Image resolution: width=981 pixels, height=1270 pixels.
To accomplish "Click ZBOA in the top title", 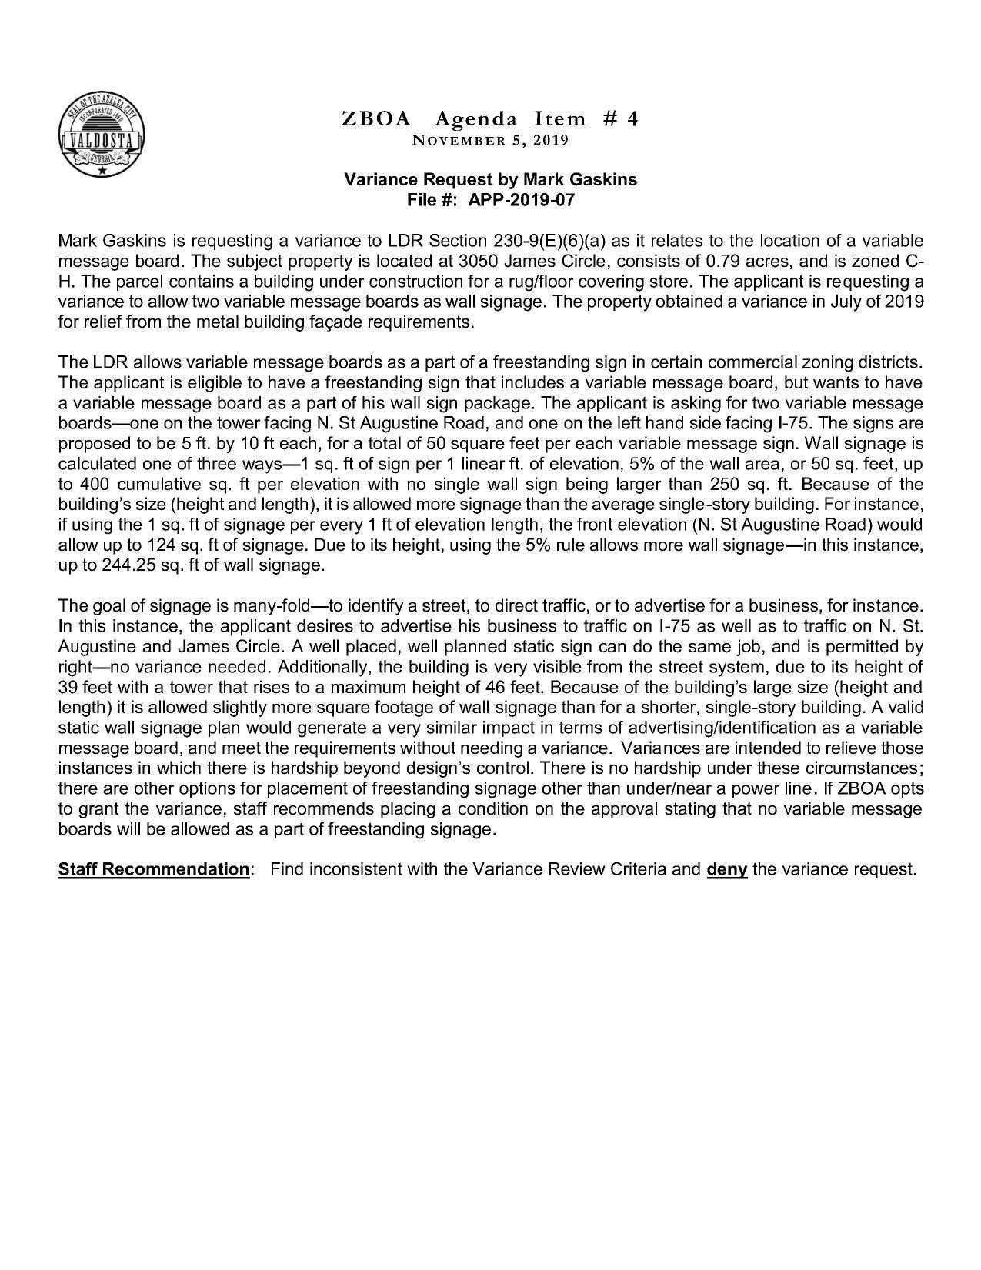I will [376, 118].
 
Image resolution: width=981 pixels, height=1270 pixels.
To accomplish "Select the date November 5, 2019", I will [490, 141].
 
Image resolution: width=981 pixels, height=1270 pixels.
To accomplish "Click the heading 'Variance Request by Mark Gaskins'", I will [490, 180].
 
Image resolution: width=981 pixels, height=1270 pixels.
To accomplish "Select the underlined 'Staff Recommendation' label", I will [153, 869].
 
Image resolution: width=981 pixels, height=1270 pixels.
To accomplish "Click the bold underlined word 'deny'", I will [726, 869].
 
